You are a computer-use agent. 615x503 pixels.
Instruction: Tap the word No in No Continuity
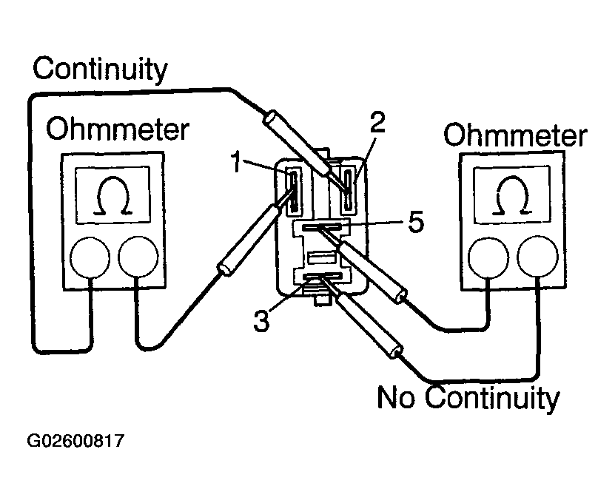click(398, 397)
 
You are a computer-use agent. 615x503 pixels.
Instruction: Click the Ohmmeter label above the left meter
click(118, 130)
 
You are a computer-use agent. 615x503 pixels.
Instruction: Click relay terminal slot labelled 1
click(293, 189)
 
